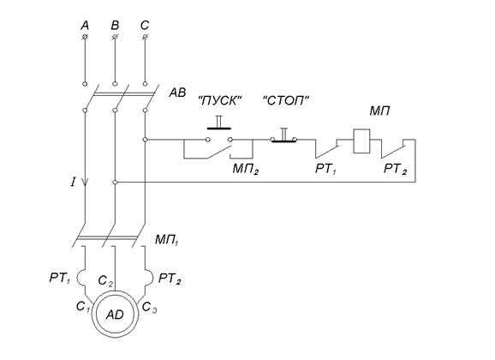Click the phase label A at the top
[x=85, y=25]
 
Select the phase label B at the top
[x=115, y=25]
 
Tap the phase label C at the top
[x=145, y=25]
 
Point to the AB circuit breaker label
[x=177, y=93]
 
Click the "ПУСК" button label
[x=220, y=101]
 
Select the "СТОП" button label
[x=286, y=101]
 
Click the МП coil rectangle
[x=361, y=141]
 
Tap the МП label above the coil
[x=380, y=111]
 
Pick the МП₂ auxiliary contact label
[x=246, y=169]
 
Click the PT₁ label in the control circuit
[x=325, y=169]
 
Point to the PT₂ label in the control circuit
[x=395, y=169]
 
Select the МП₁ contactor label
[x=167, y=240]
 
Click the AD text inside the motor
[x=115, y=315]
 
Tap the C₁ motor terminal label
[x=83, y=307]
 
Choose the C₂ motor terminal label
[x=105, y=280]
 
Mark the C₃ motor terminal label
[x=149, y=307]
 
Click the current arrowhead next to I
[x=85, y=183]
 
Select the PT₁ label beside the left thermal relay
[x=60, y=279]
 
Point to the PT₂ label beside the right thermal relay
[x=170, y=279]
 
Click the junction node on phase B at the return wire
[x=115, y=183]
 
